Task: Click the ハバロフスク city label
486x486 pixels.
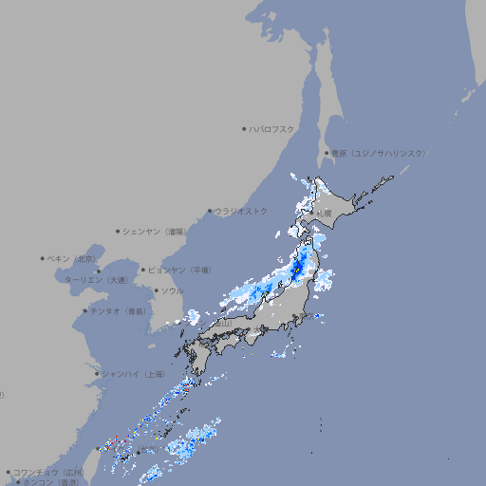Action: [272, 128]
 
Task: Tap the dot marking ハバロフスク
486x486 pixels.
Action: [244, 128]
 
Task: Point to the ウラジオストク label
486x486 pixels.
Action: [241, 211]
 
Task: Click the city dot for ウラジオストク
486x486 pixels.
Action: [210, 211]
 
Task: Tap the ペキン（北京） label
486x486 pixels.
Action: [73, 258]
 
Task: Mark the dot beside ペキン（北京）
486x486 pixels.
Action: [43, 258]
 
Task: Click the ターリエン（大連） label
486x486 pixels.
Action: [95, 280]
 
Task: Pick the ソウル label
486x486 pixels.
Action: [172, 290]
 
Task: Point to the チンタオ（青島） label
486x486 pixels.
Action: [118, 310]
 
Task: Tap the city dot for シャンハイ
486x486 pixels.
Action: [97, 373]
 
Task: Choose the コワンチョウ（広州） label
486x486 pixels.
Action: [47, 472]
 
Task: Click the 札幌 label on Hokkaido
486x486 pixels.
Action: [325, 213]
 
